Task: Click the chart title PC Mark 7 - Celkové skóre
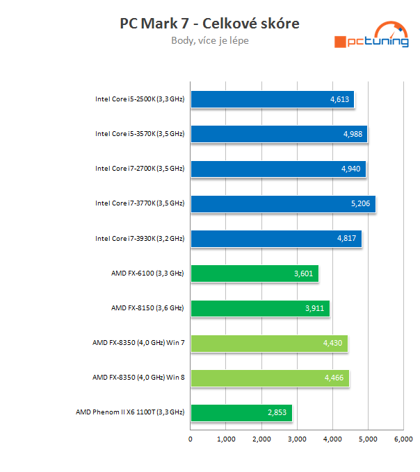coord(209,24)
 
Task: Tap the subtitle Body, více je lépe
coord(209,40)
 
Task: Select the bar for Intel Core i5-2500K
coord(272,99)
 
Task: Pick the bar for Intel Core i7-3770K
coord(282,203)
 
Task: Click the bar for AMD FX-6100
coord(254,273)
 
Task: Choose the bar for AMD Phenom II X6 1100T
coord(241,412)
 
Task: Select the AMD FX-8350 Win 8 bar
coord(269,378)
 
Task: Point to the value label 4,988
coord(352,134)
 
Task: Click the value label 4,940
coord(350,169)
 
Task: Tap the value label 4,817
coord(346,239)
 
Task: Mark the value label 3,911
coord(314,308)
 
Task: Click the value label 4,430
coord(332,343)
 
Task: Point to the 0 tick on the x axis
coord(191,439)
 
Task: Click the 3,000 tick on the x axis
coord(297,439)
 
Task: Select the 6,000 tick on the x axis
coord(403,439)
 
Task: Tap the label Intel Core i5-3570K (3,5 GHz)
coord(140,134)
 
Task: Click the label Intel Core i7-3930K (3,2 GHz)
coord(140,239)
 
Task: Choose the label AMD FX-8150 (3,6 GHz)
coord(147,308)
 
